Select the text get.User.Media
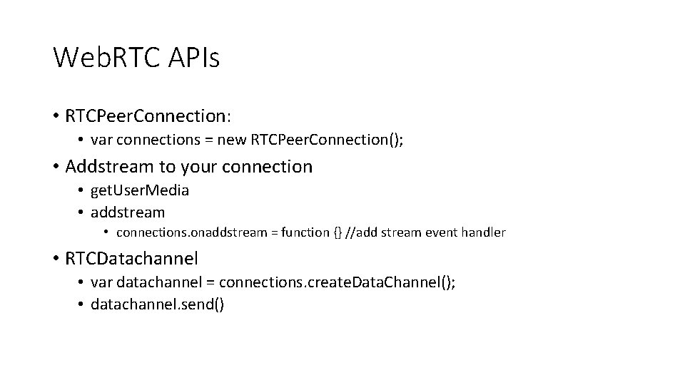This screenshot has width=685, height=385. (140, 190)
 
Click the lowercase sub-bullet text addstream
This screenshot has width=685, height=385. (128, 212)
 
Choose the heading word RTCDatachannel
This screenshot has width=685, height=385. (131, 257)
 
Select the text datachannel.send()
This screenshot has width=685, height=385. (157, 304)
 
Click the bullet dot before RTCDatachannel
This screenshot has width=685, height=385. (56, 258)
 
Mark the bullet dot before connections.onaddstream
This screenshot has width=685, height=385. (106, 232)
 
